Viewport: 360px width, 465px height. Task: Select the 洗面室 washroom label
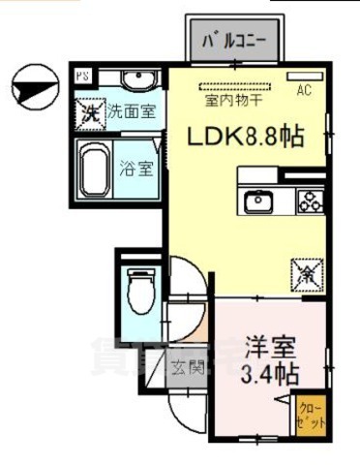pos(129,110)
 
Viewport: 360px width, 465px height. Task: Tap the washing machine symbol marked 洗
pos(90,110)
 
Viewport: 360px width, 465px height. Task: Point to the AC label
pos(303,92)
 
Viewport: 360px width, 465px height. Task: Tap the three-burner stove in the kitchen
pos(310,201)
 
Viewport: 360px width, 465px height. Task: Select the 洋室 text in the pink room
pos(268,346)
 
